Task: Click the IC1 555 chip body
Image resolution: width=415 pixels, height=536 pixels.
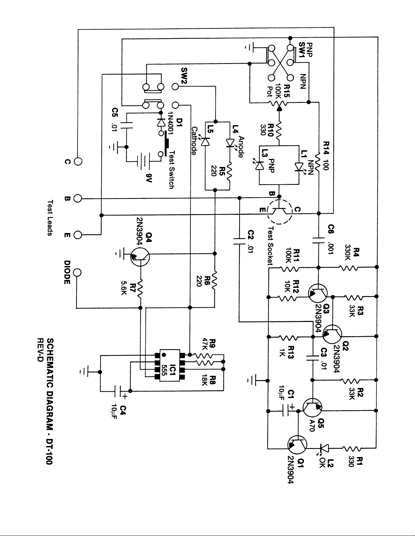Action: pos(170,366)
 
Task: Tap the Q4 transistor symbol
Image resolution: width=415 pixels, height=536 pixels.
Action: pos(140,257)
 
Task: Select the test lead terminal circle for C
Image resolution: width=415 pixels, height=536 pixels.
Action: pos(78,162)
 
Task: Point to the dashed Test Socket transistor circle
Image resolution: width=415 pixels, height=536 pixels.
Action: pos(279,212)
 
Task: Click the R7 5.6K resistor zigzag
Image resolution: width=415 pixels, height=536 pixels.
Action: pos(140,288)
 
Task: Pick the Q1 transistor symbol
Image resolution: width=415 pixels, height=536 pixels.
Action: pos(297,444)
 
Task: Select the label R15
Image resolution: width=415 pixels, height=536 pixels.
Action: pos(287,91)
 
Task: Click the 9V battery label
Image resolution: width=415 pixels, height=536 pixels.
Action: pos(149,178)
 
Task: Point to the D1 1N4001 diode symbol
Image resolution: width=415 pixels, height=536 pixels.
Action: pos(161,123)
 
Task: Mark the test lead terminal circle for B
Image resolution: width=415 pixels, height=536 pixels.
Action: pos(78,198)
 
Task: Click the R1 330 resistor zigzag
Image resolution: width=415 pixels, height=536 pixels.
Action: pos(352,448)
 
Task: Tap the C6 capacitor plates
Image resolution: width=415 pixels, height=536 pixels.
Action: pos(319,240)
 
